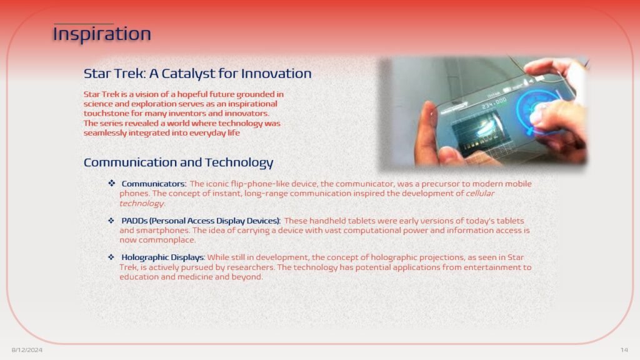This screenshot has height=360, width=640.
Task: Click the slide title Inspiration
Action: (102, 34)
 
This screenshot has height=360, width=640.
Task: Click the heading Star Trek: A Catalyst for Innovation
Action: (197, 74)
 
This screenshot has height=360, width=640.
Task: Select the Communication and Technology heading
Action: (178, 162)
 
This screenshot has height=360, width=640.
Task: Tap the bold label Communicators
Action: (154, 184)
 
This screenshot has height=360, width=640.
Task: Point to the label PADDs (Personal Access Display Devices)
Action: (201, 221)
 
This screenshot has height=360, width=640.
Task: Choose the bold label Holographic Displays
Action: (163, 257)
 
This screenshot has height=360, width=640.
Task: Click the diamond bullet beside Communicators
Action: (111, 183)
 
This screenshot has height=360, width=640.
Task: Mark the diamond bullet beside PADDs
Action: (111, 221)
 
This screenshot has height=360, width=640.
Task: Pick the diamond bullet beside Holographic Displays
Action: (111, 257)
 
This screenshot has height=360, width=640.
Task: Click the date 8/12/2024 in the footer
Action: (27, 350)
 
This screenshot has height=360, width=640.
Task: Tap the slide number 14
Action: (624, 350)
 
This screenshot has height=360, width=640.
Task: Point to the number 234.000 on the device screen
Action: (494, 103)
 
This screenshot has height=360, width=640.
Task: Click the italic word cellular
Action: (480, 194)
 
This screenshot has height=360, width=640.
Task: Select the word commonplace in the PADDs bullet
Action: (167, 240)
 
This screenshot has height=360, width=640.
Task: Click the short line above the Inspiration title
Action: (84, 24)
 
